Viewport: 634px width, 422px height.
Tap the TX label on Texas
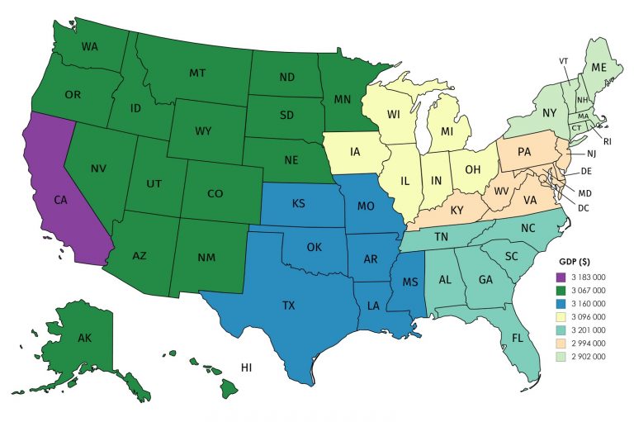(288, 306)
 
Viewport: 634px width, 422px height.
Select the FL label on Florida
(517, 339)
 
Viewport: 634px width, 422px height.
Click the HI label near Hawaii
(246, 366)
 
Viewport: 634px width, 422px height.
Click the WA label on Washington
(90, 45)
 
